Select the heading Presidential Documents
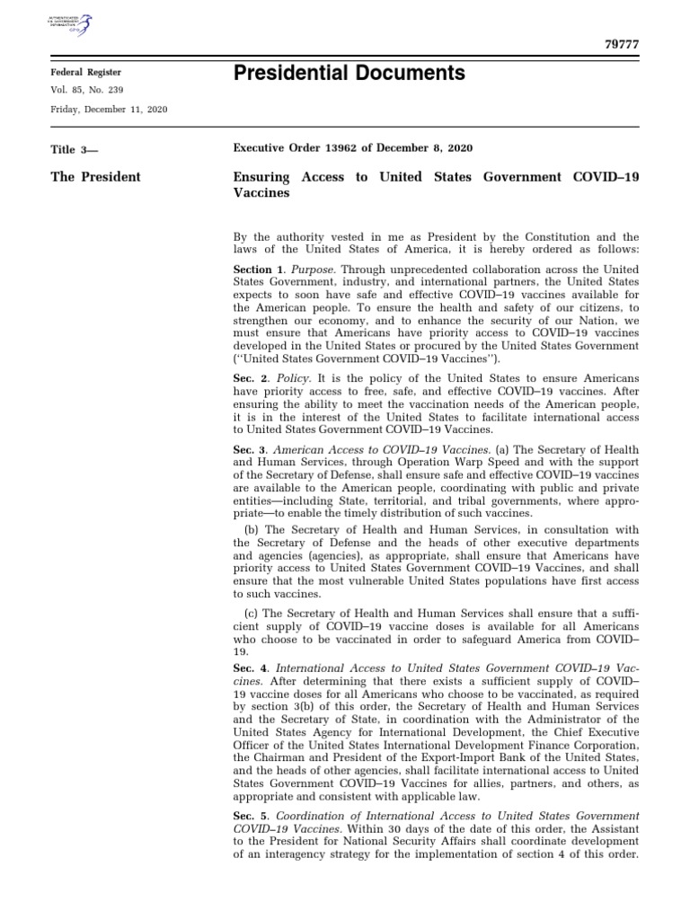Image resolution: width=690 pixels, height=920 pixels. [x=349, y=74]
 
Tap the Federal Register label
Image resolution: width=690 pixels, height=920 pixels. [x=85, y=72]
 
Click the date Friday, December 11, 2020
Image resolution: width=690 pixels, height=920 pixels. [x=109, y=109]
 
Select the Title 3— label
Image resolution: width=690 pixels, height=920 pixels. [x=76, y=150]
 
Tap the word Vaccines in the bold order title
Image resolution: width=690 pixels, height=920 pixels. [x=261, y=193]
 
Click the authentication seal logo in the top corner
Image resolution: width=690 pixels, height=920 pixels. [x=75, y=25]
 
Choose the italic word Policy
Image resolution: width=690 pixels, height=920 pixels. [x=291, y=381]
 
